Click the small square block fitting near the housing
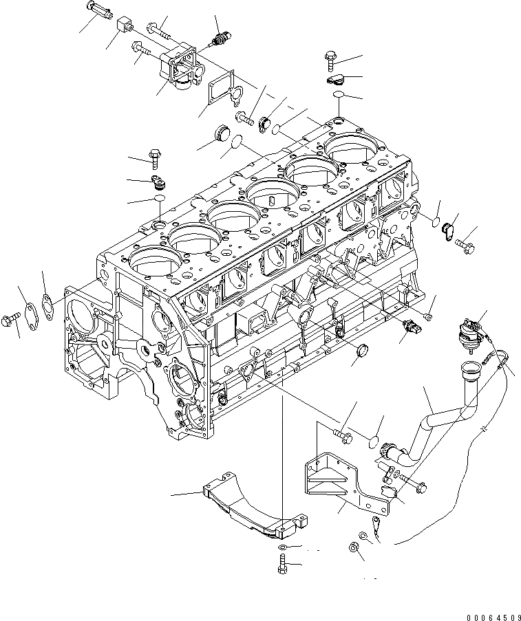[124, 26]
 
